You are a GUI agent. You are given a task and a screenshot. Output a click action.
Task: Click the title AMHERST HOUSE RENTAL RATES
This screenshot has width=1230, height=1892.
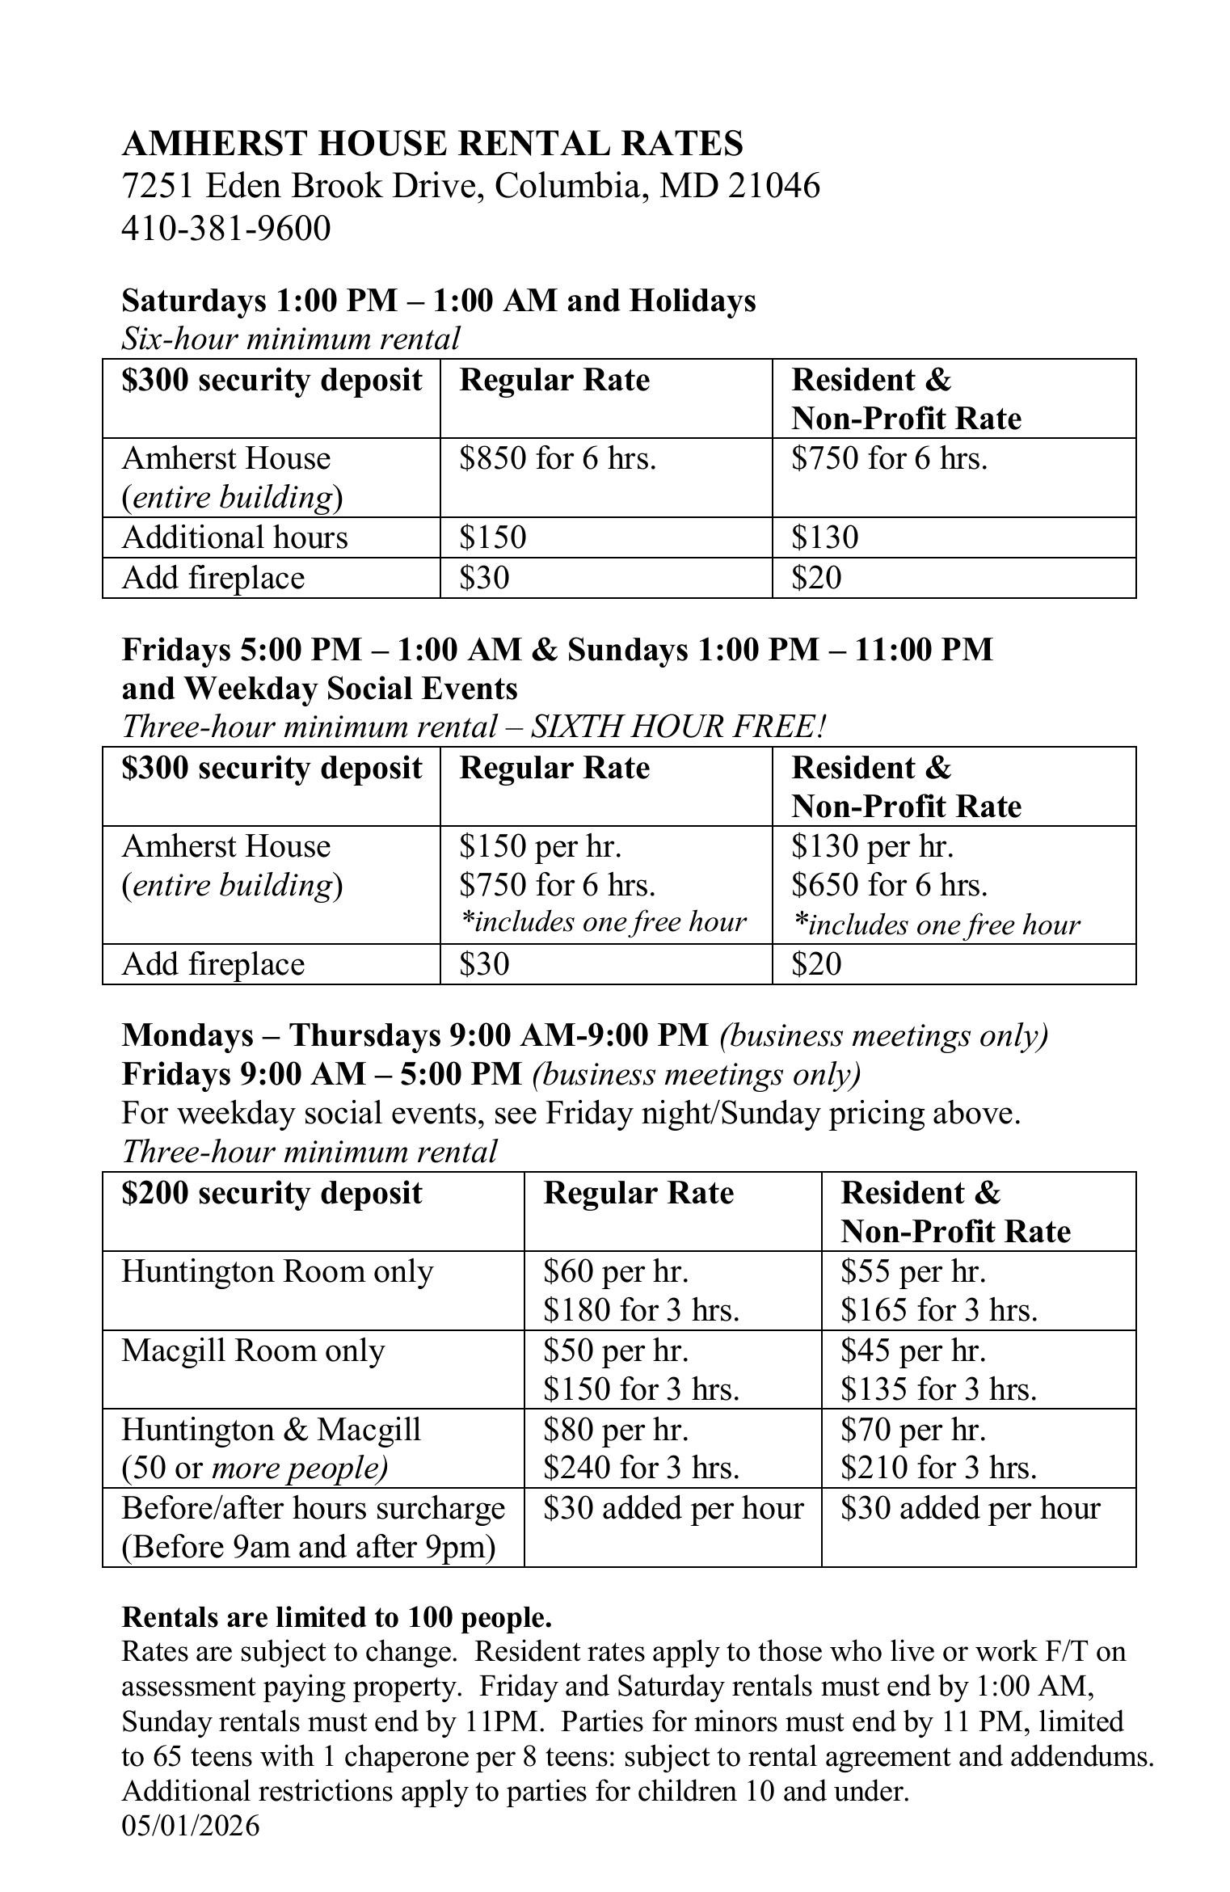432,144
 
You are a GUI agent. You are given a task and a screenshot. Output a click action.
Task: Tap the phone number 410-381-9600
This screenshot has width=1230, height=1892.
226,229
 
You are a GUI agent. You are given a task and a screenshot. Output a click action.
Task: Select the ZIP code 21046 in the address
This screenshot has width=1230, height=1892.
773,186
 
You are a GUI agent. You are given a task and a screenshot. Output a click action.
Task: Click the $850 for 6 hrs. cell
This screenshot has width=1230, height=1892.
558,459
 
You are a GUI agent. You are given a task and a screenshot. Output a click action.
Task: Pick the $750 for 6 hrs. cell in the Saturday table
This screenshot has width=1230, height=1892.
889,459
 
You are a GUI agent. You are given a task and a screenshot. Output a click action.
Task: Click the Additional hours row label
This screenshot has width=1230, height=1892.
234,538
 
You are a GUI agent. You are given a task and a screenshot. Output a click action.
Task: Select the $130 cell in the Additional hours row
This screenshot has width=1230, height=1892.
824,538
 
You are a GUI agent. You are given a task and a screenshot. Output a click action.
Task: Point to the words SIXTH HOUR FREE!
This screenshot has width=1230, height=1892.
678,727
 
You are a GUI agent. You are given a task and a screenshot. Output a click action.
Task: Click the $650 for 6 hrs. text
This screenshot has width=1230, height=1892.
889,886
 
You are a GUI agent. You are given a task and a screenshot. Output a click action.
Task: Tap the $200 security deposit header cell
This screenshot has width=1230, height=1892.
272,1194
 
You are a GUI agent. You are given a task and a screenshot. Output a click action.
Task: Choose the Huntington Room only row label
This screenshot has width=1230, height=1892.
277,1272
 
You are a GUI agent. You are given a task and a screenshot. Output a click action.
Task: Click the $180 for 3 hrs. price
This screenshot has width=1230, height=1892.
641,1310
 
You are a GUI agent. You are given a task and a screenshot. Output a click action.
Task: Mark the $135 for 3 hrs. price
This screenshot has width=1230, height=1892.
937,1389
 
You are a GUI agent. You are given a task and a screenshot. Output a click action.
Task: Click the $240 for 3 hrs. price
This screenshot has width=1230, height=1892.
641,1468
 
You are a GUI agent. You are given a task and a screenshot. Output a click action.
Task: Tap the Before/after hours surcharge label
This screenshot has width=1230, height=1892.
313,1509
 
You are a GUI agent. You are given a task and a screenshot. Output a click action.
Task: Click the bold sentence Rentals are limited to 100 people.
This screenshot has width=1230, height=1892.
336,1616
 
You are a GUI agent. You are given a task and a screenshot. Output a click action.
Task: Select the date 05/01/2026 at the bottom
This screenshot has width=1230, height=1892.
191,1826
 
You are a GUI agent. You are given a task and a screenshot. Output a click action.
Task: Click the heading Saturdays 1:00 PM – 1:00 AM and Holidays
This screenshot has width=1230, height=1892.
438,301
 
